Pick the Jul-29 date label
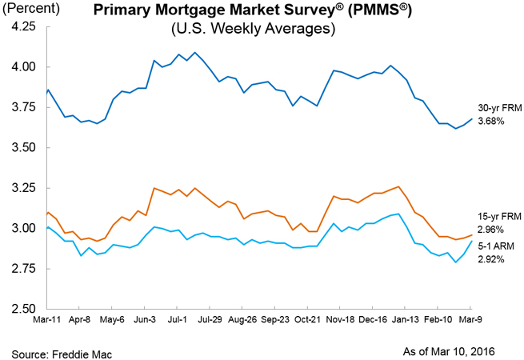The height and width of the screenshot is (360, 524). pos(209,320)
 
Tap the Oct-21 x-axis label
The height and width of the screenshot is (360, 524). pos(307,320)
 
